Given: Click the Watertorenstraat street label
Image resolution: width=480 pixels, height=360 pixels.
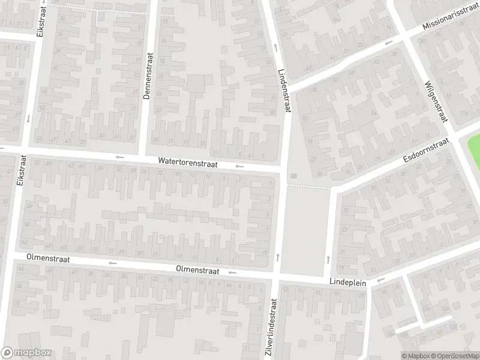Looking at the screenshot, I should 188,162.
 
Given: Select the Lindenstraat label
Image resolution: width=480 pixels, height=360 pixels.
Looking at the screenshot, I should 284,90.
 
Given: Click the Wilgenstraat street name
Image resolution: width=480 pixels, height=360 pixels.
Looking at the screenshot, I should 436,101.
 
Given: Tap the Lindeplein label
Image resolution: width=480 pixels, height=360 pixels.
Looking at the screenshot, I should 347,281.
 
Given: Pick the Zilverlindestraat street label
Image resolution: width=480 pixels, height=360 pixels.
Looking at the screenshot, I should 271,329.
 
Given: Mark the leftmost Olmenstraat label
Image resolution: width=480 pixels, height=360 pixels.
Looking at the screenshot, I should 48,259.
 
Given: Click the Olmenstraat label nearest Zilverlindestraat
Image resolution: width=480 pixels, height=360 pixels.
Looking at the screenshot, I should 198,271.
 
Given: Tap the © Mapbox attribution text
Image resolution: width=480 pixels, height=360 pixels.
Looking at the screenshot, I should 415,355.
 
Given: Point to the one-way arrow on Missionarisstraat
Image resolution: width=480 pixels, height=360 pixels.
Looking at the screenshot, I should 388,43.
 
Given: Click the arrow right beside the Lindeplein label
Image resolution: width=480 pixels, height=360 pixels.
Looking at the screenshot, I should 380,280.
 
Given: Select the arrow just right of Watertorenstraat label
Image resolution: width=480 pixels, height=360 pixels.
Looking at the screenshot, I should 239,166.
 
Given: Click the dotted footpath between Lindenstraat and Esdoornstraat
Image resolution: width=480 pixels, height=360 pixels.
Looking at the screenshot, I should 308,187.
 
